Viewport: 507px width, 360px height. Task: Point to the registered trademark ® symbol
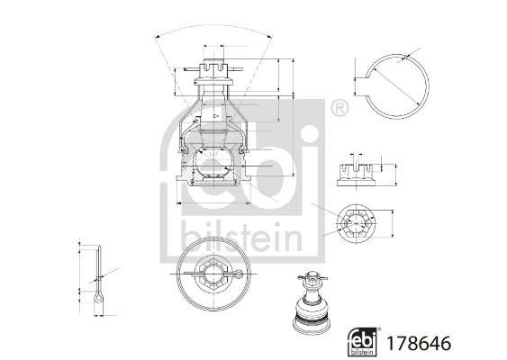tap(339, 110)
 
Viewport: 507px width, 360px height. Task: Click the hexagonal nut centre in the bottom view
tap(211, 270)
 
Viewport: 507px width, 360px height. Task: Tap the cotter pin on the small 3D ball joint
tap(311, 277)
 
